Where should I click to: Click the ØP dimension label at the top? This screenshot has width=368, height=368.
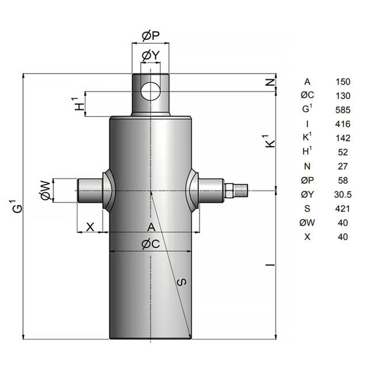(x=151, y=36)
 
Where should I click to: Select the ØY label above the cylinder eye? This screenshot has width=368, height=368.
(x=151, y=56)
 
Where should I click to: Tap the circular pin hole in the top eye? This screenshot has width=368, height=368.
(x=151, y=91)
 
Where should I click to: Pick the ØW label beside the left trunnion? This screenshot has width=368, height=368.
(x=45, y=190)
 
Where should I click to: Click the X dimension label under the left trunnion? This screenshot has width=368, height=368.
(x=90, y=227)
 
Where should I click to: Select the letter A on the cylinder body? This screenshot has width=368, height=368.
(x=151, y=227)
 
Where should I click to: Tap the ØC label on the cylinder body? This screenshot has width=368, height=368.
(x=151, y=244)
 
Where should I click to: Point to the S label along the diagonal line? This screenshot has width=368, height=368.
(x=182, y=282)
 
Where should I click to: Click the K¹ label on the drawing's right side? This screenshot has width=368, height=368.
(x=270, y=141)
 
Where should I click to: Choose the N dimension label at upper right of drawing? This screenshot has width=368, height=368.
(x=271, y=82)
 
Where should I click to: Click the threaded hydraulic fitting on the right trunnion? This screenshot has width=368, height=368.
(x=236, y=190)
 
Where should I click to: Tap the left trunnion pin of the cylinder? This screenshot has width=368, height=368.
(x=90, y=190)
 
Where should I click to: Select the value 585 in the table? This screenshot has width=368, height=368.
(x=343, y=110)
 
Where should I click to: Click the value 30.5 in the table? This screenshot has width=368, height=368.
(x=343, y=194)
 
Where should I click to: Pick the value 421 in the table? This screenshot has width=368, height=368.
(x=343, y=208)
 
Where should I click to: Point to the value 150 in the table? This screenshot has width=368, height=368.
(x=343, y=82)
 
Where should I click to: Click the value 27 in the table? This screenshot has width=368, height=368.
(x=343, y=166)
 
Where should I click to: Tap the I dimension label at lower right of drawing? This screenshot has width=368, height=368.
(x=270, y=265)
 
